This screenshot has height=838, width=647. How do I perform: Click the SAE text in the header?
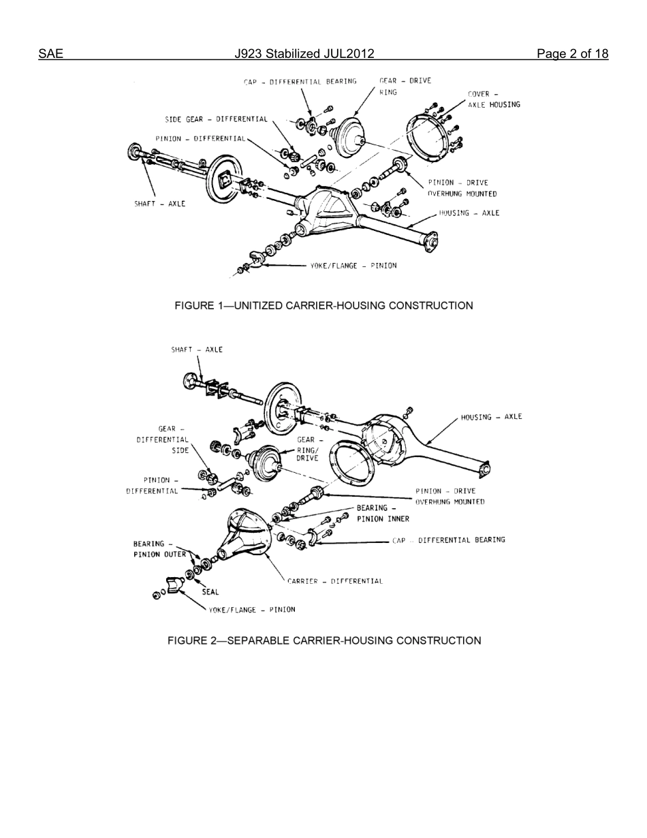(x=50, y=54)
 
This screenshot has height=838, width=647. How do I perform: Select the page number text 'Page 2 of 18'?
(x=572, y=54)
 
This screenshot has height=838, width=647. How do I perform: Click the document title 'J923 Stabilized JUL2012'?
(x=304, y=54)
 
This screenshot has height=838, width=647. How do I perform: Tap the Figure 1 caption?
(x=323, y=305)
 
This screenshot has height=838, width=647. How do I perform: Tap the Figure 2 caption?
(x=324, y=640)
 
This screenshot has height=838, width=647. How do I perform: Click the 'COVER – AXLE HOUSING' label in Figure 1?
(x=493, y=99)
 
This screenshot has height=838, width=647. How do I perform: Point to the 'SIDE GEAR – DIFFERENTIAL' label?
(x=216, y=119)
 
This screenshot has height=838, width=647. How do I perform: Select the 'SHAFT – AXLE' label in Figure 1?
(x=159, y=204)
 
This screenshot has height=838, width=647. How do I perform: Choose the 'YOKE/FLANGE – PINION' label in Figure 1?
(x=353, y=266)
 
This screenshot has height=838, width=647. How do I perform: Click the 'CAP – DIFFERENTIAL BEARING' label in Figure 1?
(x=300, y=82)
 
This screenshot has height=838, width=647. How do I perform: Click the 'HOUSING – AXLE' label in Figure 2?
(x=491, y=417)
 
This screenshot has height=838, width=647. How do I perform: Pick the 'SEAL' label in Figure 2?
(x=210, y=592)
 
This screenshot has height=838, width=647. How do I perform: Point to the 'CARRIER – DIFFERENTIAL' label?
(x=334, y=581)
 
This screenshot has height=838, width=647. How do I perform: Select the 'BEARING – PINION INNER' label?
(x=383, y=513)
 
